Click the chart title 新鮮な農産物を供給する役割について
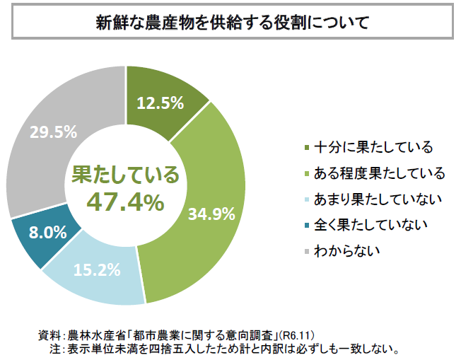coord(231,22)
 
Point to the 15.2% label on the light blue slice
coord(97,269)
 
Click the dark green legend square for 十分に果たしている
coord(305,148)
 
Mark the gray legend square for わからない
coord(305,250)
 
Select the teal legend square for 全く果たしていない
coord(305,225)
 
